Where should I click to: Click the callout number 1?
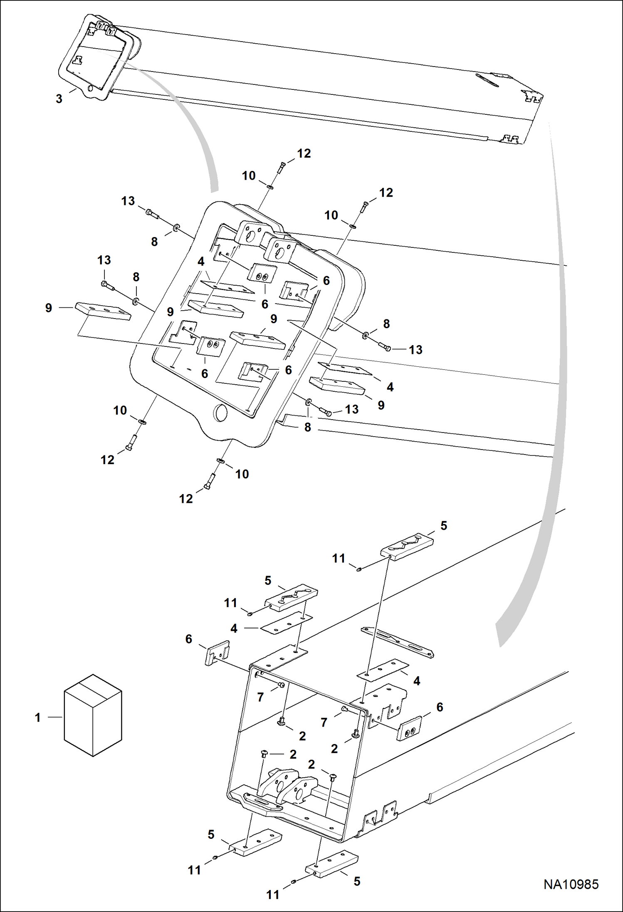coord(37,717)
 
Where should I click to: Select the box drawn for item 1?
coord(93,715)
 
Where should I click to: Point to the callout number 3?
coord(59,99)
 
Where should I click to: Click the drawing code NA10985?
coord(571,884)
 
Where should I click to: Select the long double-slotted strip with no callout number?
coord(397,642)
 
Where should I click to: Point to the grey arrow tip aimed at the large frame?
coord(214,189)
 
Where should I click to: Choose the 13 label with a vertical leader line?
coord(104,260)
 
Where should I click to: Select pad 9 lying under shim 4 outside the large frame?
coord(337,385)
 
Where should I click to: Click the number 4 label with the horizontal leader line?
coord(234,628)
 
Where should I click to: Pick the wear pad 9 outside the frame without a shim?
coord(103,311)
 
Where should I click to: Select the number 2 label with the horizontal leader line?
coord(293,754)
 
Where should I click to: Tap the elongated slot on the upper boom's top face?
coord(487,80)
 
